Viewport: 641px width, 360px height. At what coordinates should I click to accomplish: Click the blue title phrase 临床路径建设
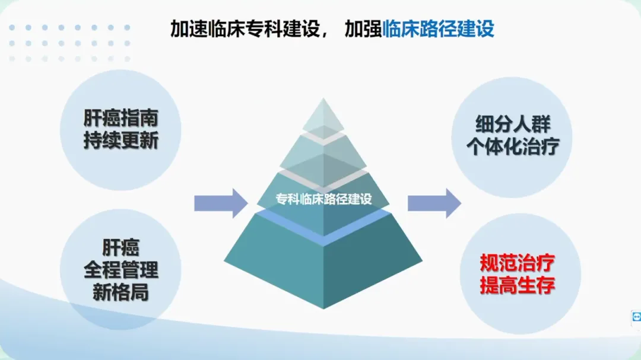pos(439,28)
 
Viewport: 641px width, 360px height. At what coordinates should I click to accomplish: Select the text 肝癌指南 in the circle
pos(121,117)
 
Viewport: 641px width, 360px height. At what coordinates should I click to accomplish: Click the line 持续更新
pos(121,142)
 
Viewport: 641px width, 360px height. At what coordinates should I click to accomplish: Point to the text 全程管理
pos(121,270)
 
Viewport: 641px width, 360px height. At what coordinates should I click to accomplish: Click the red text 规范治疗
pos(518,263)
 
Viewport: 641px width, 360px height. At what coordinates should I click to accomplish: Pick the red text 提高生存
pos(518,285)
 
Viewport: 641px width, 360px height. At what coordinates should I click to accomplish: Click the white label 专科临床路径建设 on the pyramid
pos(323,199)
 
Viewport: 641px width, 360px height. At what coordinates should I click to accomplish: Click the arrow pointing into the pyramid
pos(220,203)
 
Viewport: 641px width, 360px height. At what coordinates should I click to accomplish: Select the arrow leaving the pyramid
pos(434,203)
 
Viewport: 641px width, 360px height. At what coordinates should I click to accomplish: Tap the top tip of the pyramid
pos(323,100)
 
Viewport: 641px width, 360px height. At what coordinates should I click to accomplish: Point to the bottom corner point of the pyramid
pos(323,308)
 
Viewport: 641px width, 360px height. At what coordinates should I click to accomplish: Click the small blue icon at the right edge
pos(636,318)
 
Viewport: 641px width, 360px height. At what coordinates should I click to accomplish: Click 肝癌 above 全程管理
pos(121,248)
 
